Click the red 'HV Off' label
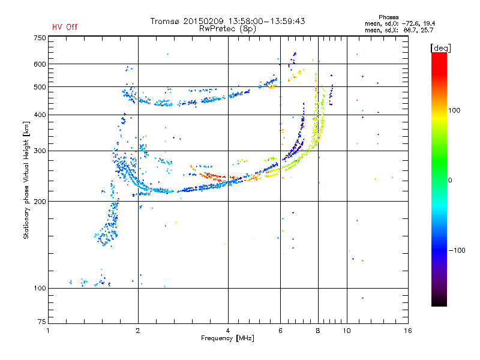coord(65,27)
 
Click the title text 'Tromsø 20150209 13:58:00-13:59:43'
coord(227,21)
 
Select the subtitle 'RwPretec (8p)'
coord(227,28)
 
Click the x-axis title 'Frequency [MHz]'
coord(227,339)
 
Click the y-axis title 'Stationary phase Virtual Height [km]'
coord(26,180)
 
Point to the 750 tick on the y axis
coord(39,37)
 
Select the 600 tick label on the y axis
coord(39,64)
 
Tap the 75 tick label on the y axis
coord(41,322)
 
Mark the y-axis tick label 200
coord(39,201)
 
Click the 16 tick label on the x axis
coord(408,331)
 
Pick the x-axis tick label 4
coord(228,331)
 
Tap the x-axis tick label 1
coord(48,331)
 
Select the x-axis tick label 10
coord(347,331)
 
